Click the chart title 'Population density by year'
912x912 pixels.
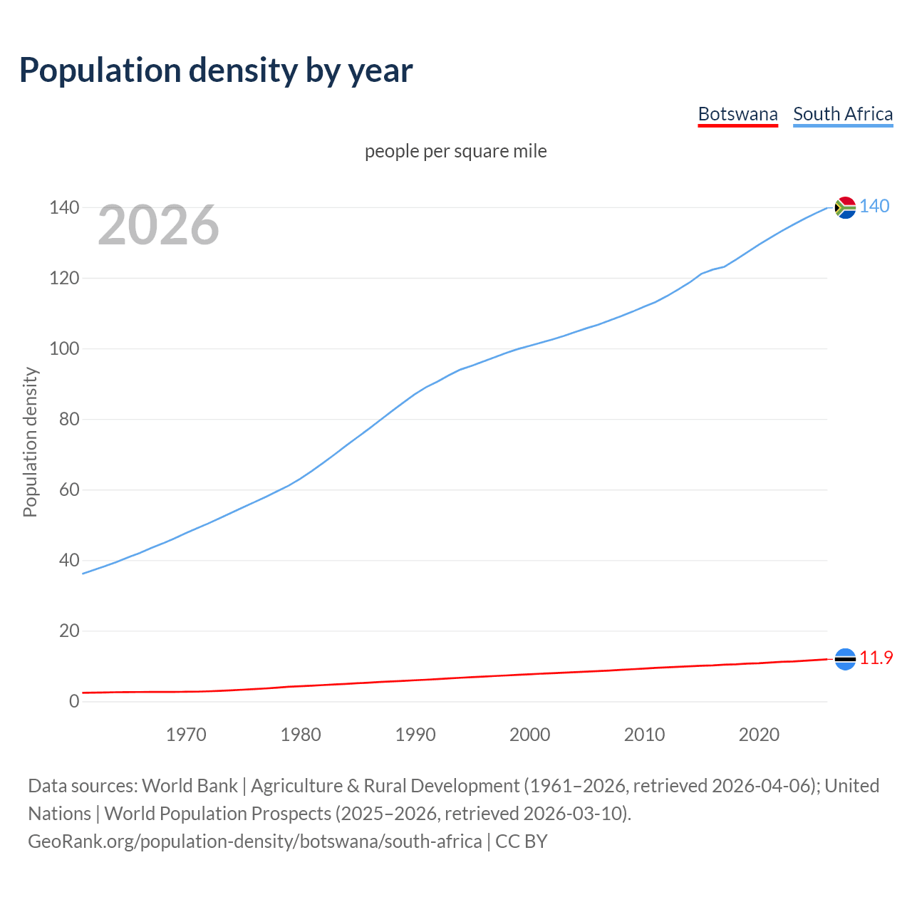[x=216, y=70]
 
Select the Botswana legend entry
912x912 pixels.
[x=737, y=114]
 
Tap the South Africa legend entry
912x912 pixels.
[x=842, y=114]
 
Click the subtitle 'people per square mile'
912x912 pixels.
[x=455, y=151]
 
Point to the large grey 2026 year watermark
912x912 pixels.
[x=158, y=225]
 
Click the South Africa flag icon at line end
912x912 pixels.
[x=844, y=207]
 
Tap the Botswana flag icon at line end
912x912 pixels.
[x=844, y=659]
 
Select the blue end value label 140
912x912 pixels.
[x=874, y=207]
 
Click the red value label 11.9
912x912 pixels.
[x=876, y=658]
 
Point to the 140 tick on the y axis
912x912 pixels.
[x=64, y=207]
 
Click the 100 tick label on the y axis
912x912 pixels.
[x=64, y=348]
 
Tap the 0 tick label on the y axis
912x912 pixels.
[x=74, y=701]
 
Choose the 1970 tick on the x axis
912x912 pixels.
[x=186, y=735]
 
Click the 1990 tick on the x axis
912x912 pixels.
[x=415, y=735]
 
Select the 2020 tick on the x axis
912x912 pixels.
[x=759, y=735]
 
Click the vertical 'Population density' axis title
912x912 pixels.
[x=30, y=442]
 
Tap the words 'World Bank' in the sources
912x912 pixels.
[x=190, y=786]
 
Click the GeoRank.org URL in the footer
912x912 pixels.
[x=254, y=841]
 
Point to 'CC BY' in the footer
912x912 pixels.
[x=522, y=841]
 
